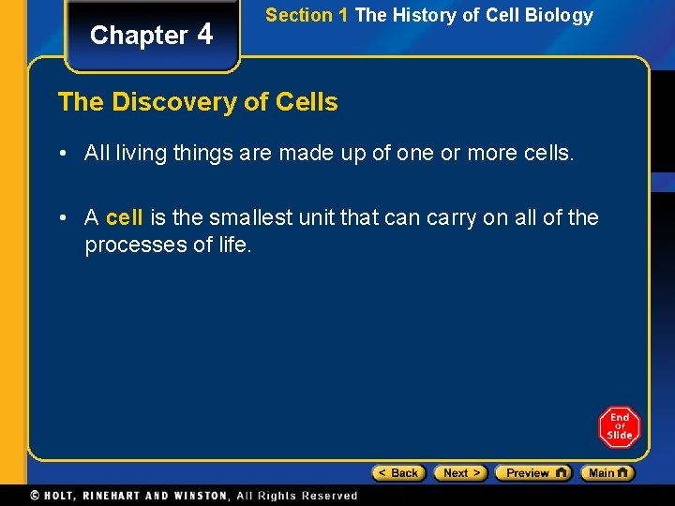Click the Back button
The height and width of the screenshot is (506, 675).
tap(398, 473)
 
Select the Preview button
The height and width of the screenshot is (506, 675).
tap(532, 473)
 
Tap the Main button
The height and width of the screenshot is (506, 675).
tap(607, 473)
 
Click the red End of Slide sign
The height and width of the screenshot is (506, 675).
tap(619, 427)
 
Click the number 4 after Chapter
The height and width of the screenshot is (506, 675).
tap(205, 34)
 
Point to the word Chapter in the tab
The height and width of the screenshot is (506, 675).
tap(139, 36)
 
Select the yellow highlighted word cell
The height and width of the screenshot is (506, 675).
tap(124, 218)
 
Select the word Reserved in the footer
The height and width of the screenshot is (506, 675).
tap(329, 496)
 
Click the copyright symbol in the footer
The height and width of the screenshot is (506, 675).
tap(35, 496)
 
